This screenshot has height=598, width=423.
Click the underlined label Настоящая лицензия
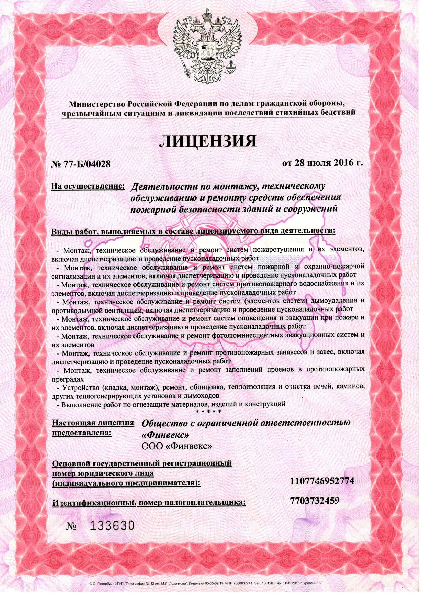coord(94,423)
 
